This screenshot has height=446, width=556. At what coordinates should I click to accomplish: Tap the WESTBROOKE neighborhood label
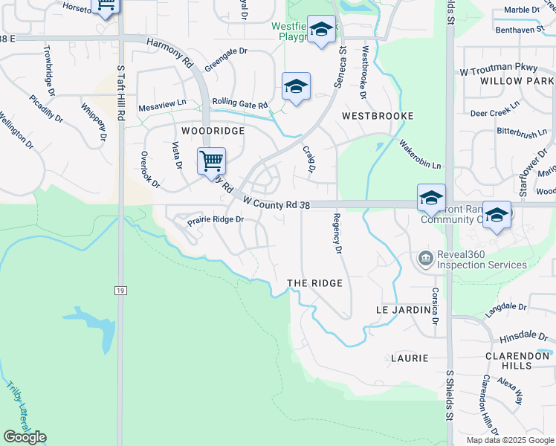[x=377, y=117]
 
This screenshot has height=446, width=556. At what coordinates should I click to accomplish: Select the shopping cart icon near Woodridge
[x=211, y=160]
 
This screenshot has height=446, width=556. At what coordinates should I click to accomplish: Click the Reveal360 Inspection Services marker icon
[x=424, y=258]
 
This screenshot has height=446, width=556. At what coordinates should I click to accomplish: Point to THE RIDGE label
[x=315, y=284]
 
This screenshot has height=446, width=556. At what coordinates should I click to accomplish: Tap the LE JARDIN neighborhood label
[x=403, y=309]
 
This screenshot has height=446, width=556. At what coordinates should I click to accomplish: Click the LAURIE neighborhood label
[x=410, y=358]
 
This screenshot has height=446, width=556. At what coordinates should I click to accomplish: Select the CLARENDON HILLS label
[x=517, y=361]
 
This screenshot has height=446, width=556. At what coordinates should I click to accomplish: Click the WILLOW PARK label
[x=517, y=80]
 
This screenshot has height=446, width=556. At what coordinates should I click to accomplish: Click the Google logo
[x=25, y=437]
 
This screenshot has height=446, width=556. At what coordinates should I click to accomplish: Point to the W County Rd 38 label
[x=275, y=204]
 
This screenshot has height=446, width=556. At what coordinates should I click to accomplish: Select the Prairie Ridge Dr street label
[x=216, y=220]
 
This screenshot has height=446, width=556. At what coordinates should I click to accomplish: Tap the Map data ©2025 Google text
[x=509, y=440]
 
